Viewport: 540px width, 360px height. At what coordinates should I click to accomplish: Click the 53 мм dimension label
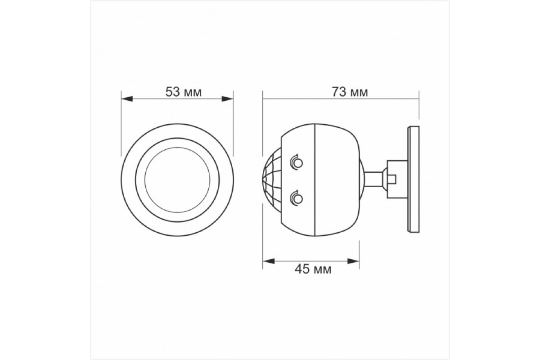click(184, 92)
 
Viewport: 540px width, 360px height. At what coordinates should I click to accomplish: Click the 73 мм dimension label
click(350, 92)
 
